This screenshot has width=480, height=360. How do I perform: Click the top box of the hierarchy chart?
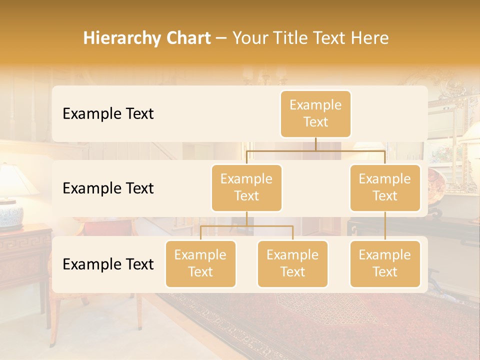pyautogui.click(x=315, y=113)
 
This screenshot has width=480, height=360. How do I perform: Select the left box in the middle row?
pyautogui.click(x=246, y=187)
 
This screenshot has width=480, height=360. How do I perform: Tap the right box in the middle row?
pyautogui.click(x=385, y=187)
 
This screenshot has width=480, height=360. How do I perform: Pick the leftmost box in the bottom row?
pyautogui.click(x=200, y=263)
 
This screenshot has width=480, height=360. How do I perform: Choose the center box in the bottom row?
pyautogui.click(x=292, y=263)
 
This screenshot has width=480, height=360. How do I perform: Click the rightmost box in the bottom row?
pyautogui.click(x=385, y=263)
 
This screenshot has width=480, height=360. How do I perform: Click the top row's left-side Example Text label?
pyautogui.click(x=108, y=113)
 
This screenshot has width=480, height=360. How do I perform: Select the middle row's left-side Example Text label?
pyautogui.click(x=108, y=188)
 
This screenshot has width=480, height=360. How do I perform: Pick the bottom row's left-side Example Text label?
pyautogui.click(x=108, y=264)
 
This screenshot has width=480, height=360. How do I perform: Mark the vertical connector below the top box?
pyautogui.click(x=315, y=144)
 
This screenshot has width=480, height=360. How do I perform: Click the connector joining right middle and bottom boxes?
pyautogui.click(x=385, y=226)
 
